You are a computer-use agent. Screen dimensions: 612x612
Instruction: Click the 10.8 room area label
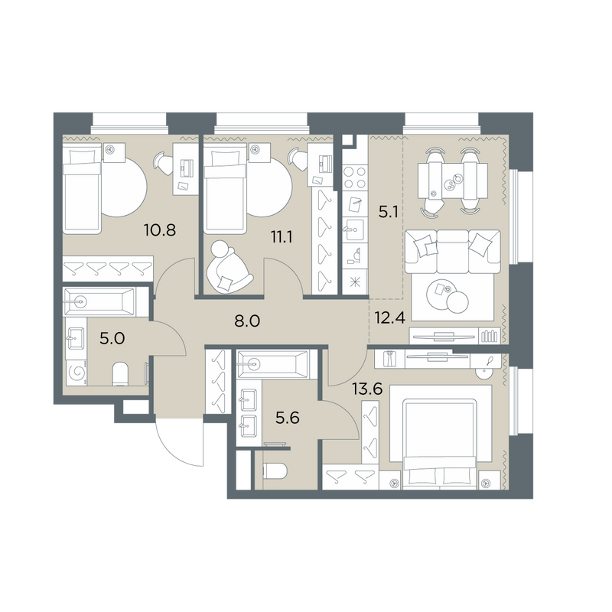[x=160, y=230]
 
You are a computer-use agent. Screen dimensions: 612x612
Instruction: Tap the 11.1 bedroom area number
[x=282, y=236]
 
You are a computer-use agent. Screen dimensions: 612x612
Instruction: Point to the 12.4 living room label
[x=390, y=317]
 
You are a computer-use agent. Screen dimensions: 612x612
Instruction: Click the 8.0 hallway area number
[x=247, y=321]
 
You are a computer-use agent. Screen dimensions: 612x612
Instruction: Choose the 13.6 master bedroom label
[x=367, y=389]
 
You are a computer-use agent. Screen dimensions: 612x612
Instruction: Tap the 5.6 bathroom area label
[x=288, y=418]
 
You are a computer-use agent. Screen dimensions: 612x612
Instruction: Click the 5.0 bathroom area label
[x=112, y=338]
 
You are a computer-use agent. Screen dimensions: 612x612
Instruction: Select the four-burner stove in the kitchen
[x=355, y=177]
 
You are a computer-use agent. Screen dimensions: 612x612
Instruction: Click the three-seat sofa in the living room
[x=453, y=252]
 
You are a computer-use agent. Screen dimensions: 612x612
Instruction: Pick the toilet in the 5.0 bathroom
[x=120, y=373]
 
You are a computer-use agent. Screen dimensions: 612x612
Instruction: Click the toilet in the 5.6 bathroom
[x=275, y=471]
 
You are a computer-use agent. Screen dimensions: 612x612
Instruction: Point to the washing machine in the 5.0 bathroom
[x=76, y=373]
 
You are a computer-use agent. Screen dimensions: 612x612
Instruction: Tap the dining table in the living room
[x=453, y=181]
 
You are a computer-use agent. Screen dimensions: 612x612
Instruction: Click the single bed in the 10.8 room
[x=82, y=188]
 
